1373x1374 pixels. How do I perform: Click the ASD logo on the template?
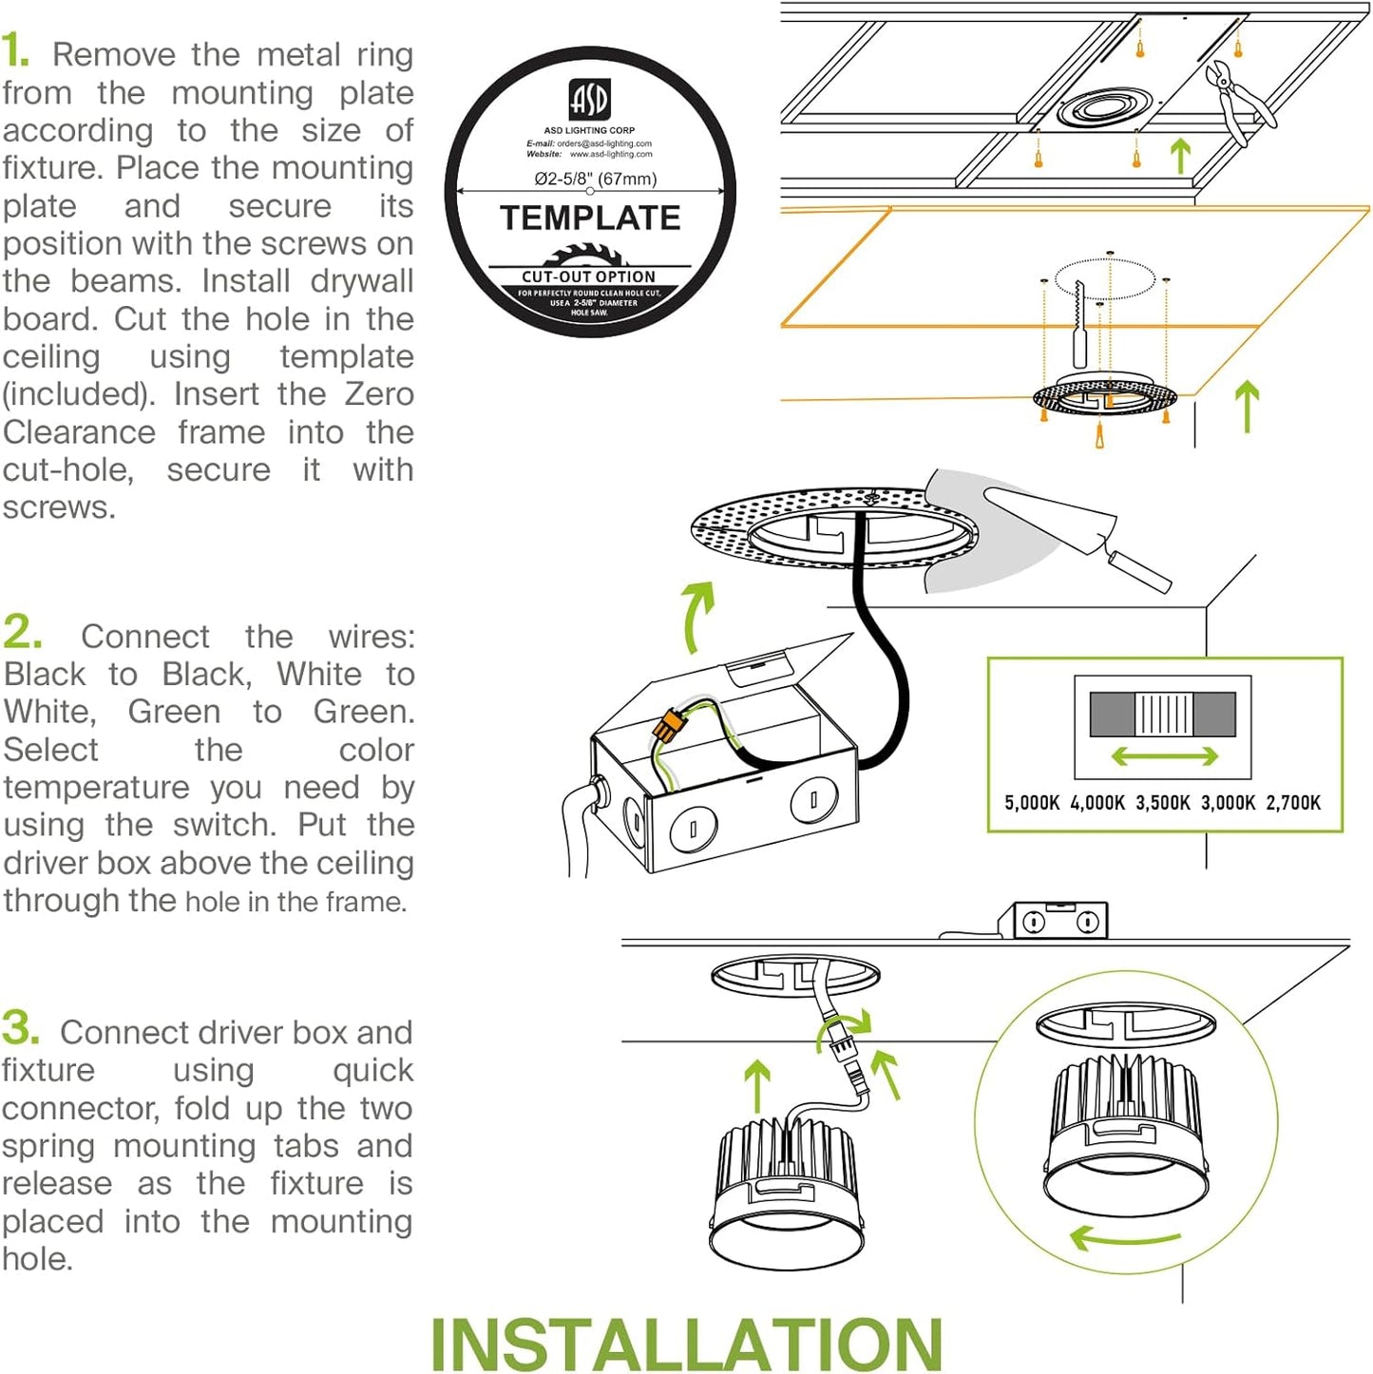(589, 99)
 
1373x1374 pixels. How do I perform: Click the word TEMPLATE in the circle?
(590, 219)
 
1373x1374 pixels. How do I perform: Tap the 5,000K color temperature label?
(1032, 803)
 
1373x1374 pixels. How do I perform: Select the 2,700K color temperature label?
(1293, 803)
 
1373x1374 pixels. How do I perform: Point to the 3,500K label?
(1162, 803)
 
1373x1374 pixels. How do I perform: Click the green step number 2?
(22, 632)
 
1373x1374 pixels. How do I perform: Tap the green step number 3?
(20, 1028)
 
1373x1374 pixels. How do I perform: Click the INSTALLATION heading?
(686, 1344)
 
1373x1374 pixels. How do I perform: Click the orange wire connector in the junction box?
(669, 728)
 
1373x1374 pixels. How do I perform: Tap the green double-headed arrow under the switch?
(1164, 756)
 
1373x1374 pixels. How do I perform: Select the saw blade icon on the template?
(589, 255)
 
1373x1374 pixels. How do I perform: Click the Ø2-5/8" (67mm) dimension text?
(595, 179)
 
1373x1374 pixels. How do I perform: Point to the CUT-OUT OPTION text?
(588, 277)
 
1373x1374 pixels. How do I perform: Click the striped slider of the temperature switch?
(1164, 714)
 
